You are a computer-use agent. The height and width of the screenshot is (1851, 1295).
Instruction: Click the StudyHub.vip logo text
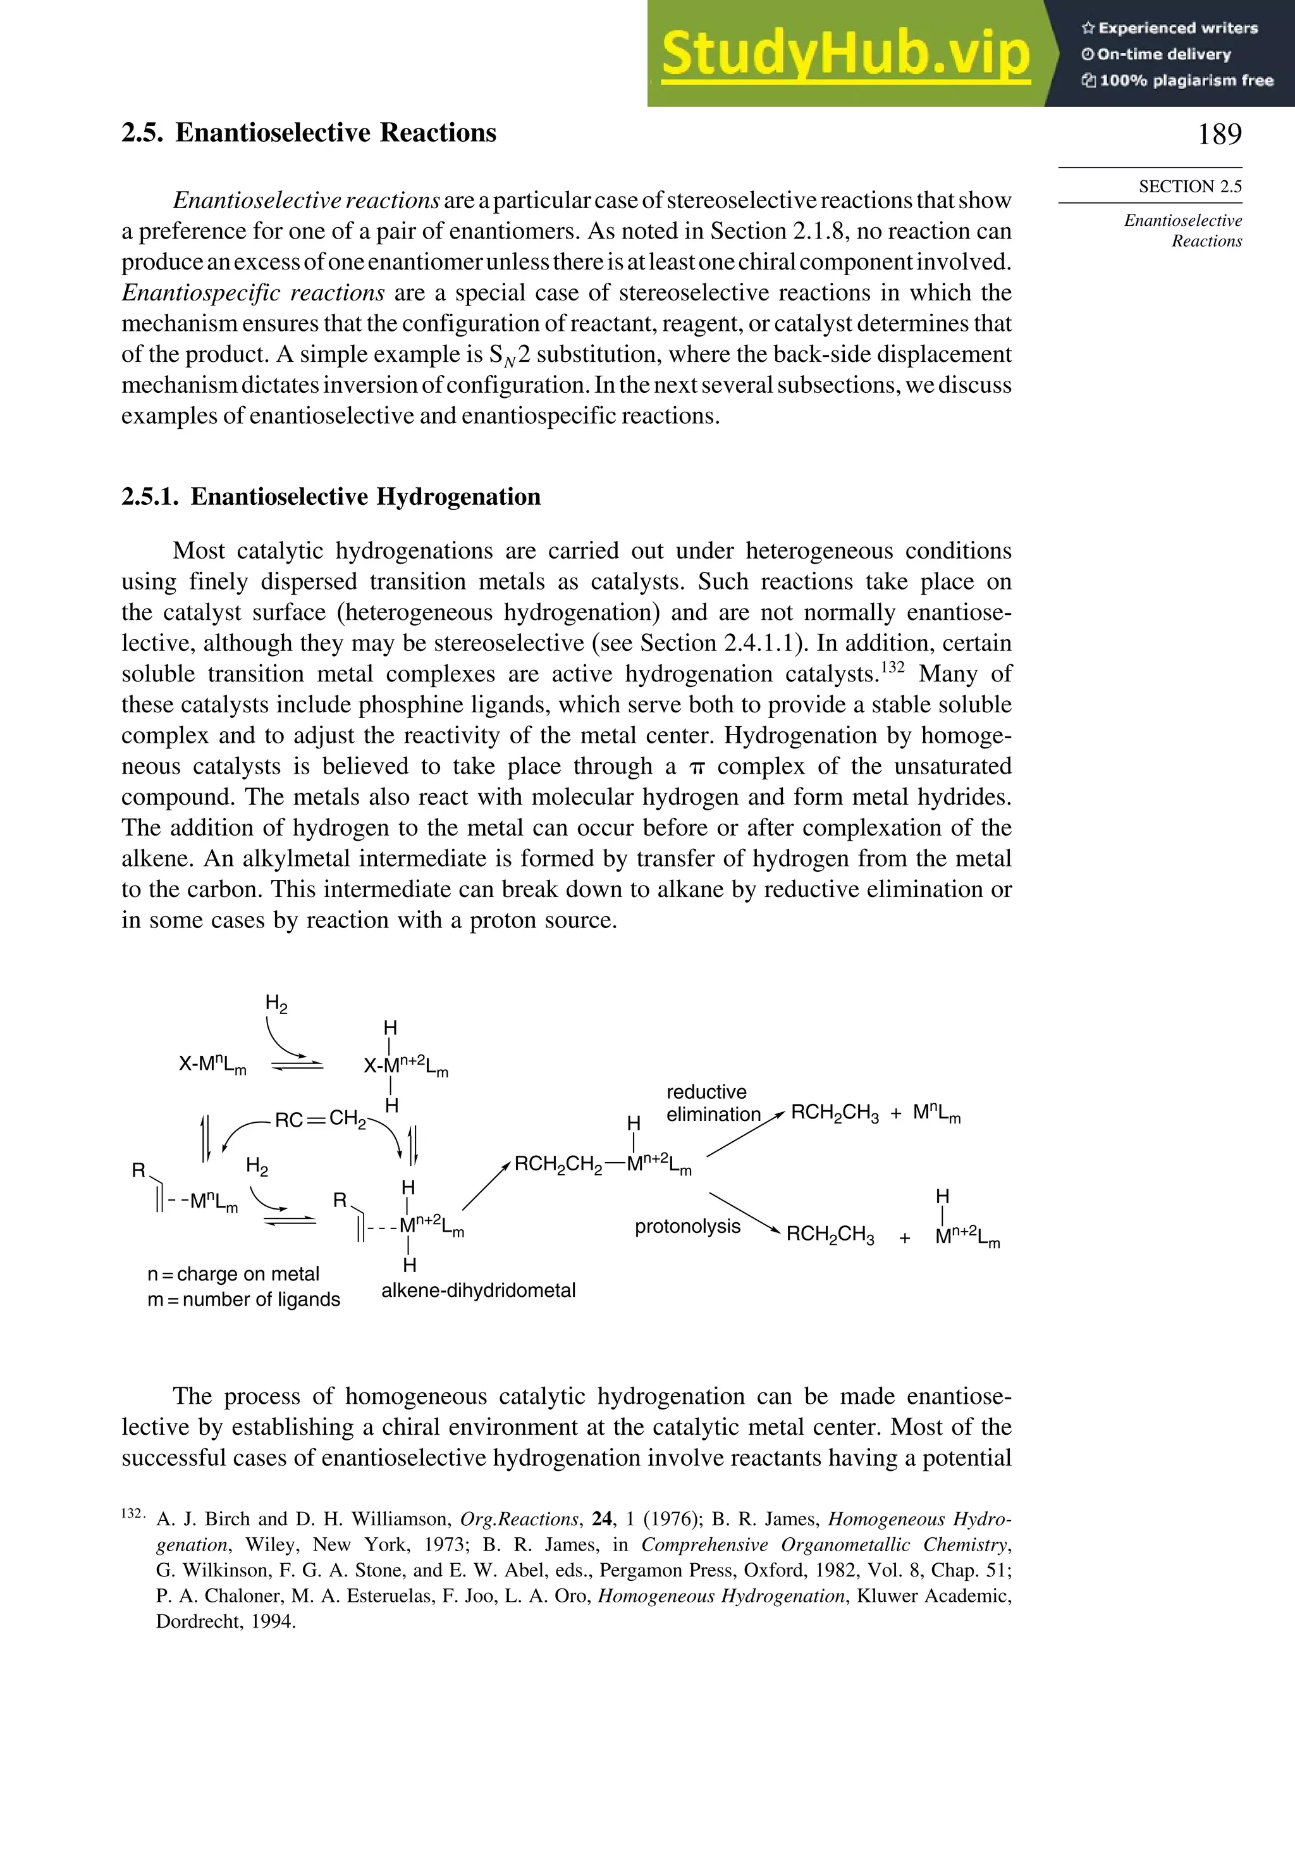845,53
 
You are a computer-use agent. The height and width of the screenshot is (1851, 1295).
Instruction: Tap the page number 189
1218,134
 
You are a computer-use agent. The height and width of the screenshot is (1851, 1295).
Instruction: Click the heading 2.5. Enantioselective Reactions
309,132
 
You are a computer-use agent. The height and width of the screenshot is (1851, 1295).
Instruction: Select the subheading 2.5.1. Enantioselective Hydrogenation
331,497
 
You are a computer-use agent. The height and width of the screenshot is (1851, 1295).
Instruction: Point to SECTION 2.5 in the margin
1189,186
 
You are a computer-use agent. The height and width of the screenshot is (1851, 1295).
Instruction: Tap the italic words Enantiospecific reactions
253,293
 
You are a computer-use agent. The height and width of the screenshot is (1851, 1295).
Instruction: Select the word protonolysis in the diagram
687,1226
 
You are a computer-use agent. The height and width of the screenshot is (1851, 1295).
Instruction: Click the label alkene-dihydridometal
478,1290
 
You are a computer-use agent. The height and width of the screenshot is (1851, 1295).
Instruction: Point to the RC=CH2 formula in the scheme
320,1119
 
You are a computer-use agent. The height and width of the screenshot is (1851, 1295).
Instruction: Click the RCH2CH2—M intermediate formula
602,1164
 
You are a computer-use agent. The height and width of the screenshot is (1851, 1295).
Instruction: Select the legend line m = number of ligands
243,1299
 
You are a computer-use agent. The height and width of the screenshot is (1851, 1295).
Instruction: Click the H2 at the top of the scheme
276,1004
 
